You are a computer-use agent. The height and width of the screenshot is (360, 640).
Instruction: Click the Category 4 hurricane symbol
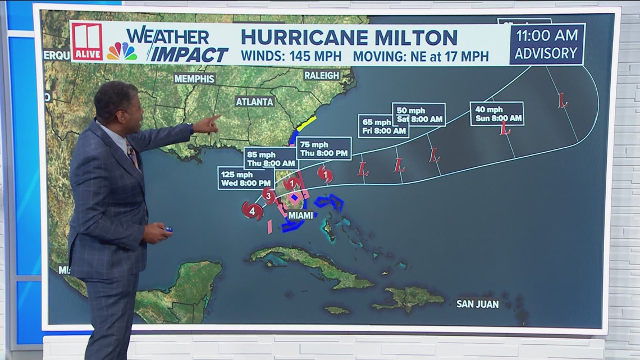[x=252, y=210]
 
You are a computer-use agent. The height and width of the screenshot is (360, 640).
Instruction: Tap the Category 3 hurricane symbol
[x=269, y=196]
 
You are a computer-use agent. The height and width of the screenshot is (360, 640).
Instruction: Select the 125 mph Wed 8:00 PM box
[x=239, y=178]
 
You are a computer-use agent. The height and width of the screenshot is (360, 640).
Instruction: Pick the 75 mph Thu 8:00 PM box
[x=323, y=148]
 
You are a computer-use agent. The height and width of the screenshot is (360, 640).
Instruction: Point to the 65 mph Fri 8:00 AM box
[x=383, y=126]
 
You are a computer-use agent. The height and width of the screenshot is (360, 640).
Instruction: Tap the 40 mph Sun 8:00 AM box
[x=496, y=113]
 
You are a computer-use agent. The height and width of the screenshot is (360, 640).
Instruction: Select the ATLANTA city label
[x=254, y=102]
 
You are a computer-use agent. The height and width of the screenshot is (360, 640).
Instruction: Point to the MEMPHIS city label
[x=194, y=78]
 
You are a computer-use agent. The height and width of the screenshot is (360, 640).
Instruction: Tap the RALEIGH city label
[x=322, y=75]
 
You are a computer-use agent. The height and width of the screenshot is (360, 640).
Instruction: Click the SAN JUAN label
[x=477, y=304]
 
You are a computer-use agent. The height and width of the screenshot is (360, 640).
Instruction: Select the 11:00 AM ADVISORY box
[x=546, y=44]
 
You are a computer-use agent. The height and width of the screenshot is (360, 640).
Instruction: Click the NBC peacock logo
[x=122, y=51]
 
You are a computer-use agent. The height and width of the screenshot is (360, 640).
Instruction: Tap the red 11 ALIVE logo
[x=87, y=42]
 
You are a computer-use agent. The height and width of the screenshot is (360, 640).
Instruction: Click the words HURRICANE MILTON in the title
[x=349, y=38]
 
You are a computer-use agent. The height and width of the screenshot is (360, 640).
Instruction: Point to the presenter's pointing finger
[x=216, y=118]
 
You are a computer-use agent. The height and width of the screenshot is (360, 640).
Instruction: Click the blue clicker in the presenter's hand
[x=168, y=229]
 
